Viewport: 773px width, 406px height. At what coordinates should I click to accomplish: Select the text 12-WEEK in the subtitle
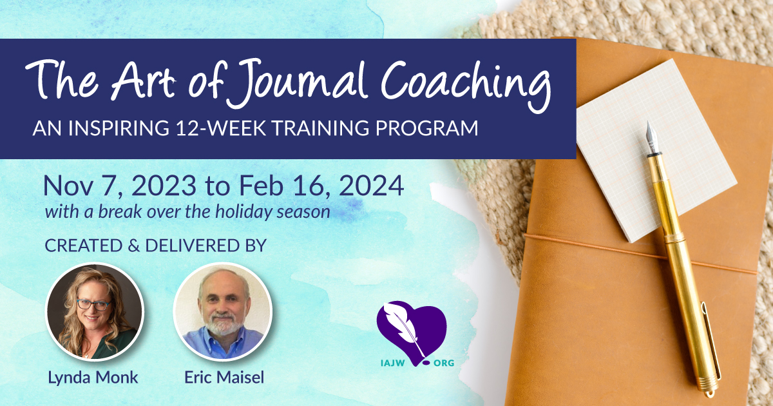221,128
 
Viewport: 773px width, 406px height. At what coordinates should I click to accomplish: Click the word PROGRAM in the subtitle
426,128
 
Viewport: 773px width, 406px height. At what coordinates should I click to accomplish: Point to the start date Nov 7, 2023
120,186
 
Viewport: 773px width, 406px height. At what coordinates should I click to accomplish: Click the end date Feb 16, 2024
321,186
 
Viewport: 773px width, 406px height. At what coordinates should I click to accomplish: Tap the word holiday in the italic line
243,211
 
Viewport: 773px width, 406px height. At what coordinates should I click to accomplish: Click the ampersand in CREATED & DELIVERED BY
133,246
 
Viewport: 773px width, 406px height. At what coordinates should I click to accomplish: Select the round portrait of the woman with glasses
95,312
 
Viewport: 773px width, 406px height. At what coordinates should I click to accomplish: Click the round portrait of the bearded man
223,312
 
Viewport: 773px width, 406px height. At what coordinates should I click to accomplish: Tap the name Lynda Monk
93,378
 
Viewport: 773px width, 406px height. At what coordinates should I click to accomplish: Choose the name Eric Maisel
224,377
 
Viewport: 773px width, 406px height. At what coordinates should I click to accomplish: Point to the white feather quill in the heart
404,328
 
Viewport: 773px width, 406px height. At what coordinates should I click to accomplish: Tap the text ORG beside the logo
444,363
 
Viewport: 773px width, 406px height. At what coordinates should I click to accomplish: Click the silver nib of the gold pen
652,137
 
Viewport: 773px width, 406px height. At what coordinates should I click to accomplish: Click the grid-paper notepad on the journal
656,151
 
